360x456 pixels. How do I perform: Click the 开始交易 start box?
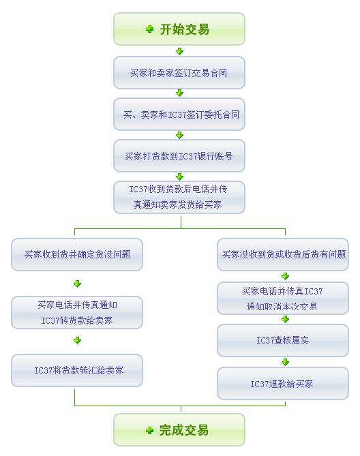pyautogui.click(x=179, y=29)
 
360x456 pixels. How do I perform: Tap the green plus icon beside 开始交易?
pyautogui.click(x=149, y=29)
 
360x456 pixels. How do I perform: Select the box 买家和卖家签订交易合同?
pyautogui.click(x=179, y=73)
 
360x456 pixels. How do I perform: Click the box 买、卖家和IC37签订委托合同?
pyautogui.click(x=179, y=115)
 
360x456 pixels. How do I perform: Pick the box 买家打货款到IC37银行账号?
pyautogui.click(x=179, y=156)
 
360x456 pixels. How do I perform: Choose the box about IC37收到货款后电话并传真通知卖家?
pyautogui.click(x=179, y=198)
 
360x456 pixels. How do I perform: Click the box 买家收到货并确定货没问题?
pyautogui.click(x=77, y=254)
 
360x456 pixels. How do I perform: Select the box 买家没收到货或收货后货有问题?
pyautogui.click(x=283, y=254)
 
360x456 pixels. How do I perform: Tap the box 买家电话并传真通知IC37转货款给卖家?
pyautogui.click(x=77, y=312)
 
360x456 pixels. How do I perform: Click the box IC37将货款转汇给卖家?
pyautogui.click(x=77, y=370)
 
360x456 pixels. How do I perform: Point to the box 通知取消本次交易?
pyautogui.click(x=283, y=298)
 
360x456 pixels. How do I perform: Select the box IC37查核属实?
pyautogui.click(x=283, y=340)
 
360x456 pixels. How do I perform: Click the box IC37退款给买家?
pyautogui.click(x=283, y=383)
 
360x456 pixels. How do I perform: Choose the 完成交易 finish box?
pyautogui.click(x=179, y=430)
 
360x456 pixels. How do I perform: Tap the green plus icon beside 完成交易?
pyautogui.click(x=149, y=430)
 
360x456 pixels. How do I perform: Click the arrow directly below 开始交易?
pyautogui.click(x=180, y=51)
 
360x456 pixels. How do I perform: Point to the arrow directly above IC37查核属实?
pyautogui.click(x=285, y=319)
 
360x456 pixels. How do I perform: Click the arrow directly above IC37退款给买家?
pyautogui.click(x=285, y=362)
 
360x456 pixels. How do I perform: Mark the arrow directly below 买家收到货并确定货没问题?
pyautogui.click(x=77, y=284)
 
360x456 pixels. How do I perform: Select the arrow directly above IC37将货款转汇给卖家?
pyautogui.click(x=77, y=340)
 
